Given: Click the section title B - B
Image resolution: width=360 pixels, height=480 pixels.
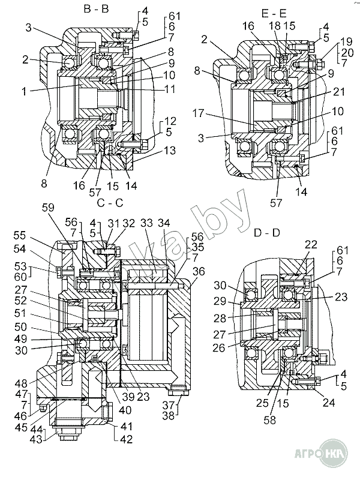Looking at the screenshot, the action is coord(96,9).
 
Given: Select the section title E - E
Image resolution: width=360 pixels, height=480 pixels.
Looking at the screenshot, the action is coord(274,13).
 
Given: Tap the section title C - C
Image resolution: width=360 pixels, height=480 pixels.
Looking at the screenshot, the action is coord(110,203).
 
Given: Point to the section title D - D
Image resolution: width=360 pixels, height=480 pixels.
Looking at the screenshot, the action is coord(267,233).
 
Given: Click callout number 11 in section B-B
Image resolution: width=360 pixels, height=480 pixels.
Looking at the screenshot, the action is coord(169,89).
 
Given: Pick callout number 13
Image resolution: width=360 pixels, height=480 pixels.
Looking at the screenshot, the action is coord(170,151).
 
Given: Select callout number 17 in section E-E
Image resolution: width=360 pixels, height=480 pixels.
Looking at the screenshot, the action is coord(198,113).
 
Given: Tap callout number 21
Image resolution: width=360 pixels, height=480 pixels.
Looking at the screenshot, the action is coord(339,92).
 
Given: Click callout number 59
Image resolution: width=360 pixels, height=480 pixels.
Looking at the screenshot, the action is coord(48,208).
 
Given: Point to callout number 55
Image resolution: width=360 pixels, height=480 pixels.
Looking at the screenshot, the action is coord(20,236).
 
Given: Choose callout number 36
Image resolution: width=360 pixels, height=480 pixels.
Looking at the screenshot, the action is coord(199,272).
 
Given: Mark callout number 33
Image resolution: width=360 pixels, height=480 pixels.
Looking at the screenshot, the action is coord(146,223).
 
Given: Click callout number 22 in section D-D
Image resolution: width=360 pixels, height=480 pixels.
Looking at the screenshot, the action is coord(311,245).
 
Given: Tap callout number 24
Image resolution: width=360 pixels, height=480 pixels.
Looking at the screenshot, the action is coord(329,403).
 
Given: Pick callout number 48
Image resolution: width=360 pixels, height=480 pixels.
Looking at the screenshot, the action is coord(21,383).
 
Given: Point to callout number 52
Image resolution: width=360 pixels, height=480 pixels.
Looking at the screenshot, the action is coord(21,301).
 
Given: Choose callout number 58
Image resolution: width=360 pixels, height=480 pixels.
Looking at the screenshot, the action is coord(270,420).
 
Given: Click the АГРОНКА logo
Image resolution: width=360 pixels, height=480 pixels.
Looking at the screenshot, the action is coord(321,453).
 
